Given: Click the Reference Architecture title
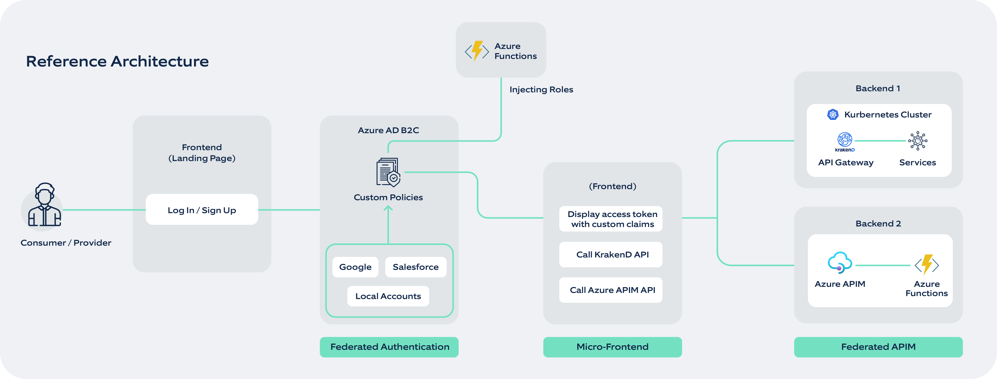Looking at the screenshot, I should [117, 61].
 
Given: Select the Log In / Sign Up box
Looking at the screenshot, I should [202, 210].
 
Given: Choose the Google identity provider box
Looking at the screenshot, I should [355, 267].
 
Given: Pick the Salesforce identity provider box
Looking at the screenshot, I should [415, 267].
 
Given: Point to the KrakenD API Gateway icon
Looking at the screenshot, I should [845, 141].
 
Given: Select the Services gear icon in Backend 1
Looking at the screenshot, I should [918, 141].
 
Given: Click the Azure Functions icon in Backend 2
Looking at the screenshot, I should [927, 265].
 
